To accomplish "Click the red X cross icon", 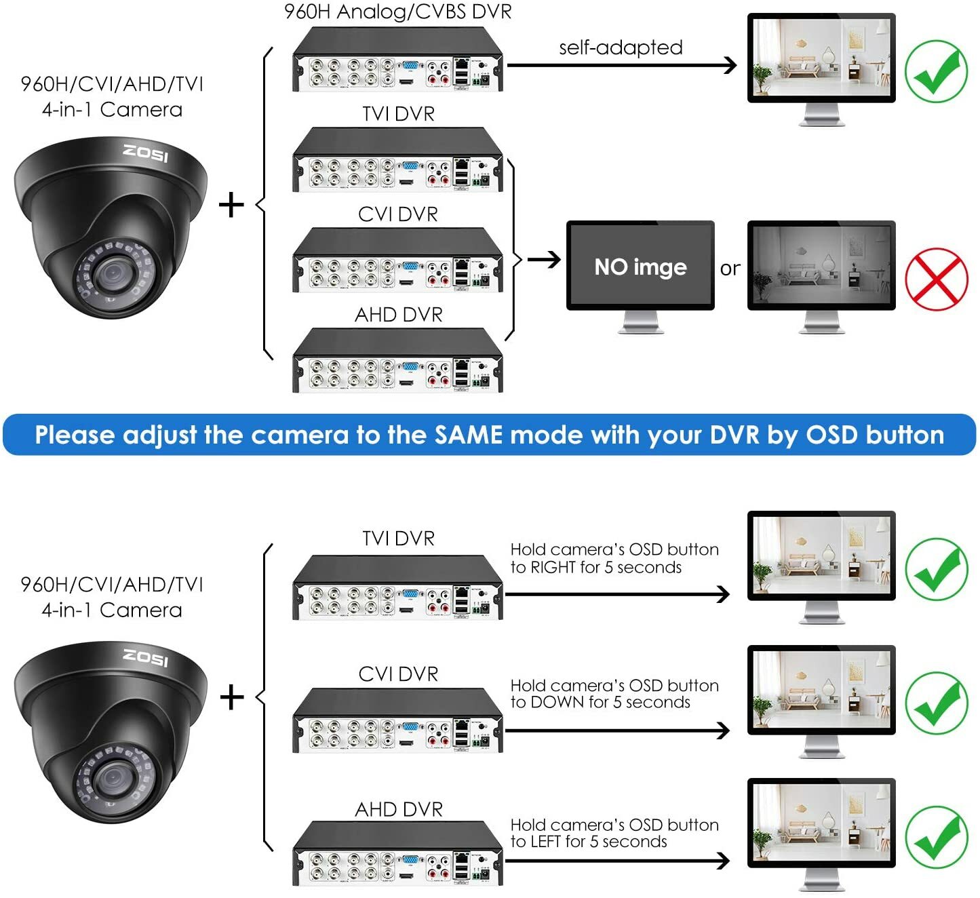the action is click(x=937, y=279).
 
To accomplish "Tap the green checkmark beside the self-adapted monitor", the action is click(x=937, y=72).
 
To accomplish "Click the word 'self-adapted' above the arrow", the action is click(x=621, y=47).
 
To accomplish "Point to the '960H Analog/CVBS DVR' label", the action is click(x=398, y=12).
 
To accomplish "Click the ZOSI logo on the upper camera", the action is click(x=146, y=153).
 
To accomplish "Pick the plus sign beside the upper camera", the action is click(x=232, y=205).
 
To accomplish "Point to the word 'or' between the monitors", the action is click(x=730, y=269).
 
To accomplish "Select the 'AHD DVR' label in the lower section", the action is click(x=399, y=809).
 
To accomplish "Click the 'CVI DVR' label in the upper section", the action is click(x=398, y=214).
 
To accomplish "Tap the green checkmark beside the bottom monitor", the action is click(x=937, y=837).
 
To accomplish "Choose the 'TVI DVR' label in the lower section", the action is click(x=398, y=539).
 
